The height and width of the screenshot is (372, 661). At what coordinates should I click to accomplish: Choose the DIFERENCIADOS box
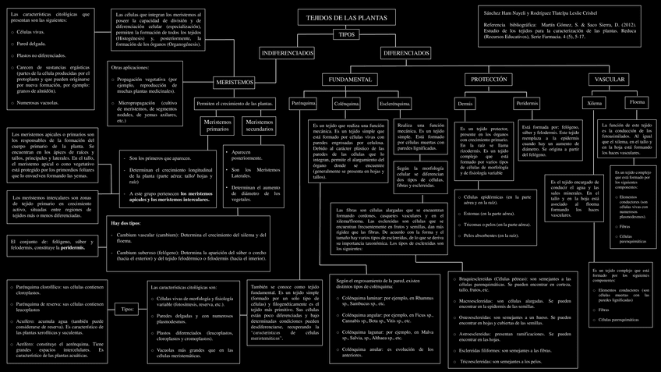pos(405,52)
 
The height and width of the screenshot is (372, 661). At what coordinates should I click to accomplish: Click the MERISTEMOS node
pos(235,82)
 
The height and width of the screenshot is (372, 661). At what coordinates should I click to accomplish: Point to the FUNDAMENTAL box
pos(350,80)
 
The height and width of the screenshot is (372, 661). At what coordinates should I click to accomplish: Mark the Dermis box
pos(465,104)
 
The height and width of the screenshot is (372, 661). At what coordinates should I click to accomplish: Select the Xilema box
pos(595,103)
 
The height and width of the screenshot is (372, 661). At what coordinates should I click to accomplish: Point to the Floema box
pos(637,102)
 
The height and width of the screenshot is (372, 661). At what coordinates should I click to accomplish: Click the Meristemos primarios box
pos(217,125)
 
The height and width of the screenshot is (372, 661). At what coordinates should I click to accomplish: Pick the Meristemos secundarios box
pos(257,125)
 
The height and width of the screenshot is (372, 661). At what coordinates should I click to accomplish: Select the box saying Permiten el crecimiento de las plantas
pos(234,103)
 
